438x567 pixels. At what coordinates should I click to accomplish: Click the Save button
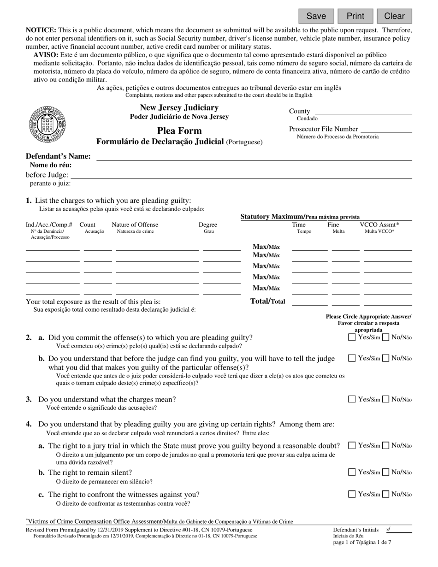[x=316, y=16]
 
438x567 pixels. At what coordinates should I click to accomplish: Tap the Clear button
[x=394, y=16]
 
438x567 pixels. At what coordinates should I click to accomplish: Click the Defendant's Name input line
[x=254, y=156]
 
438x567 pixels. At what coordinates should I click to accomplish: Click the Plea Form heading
[x=172, y=131]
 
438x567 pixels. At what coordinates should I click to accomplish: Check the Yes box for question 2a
[x=352, y=337]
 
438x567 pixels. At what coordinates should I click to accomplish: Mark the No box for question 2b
[x=386, y=358]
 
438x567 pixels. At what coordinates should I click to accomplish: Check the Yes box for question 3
[x=352, y=400]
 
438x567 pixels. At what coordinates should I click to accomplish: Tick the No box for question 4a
[x=386, y=446]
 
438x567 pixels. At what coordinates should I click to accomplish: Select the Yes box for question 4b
[x=352, y=472]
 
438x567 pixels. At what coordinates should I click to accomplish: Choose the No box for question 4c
[x=386, y=495]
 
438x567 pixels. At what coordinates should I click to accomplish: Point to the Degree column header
[x=208, y=225]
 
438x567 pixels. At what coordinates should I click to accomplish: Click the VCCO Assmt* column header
[x=379, y=225]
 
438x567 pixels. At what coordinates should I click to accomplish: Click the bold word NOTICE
[x=41, y=30]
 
